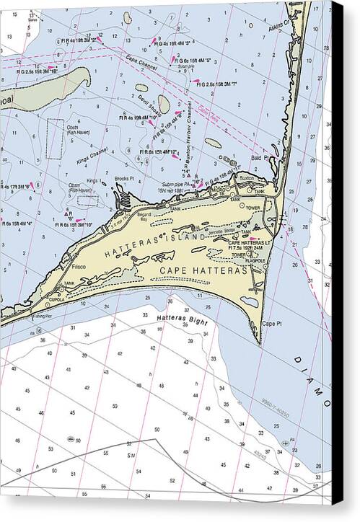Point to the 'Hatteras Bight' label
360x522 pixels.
[x=181, y=318]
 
